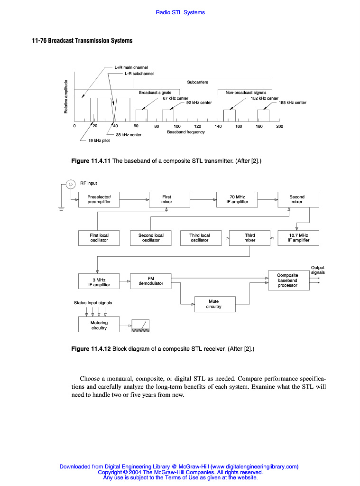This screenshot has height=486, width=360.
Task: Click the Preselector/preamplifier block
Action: pos(99,199)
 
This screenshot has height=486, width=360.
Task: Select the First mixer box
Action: pos(166,199)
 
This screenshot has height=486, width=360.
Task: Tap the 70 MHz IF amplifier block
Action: pos(237,199)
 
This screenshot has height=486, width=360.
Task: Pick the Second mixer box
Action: pos(297,199)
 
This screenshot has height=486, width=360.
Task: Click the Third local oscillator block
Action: pos(199,238)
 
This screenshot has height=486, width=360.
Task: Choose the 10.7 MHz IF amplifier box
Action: pos(298,238)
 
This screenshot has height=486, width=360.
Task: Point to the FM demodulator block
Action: pos(151,281)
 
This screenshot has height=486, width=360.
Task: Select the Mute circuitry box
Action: pos(213,304)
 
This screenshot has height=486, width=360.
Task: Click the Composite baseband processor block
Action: pos(287,280)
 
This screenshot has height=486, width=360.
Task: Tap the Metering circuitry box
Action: pos(99,325)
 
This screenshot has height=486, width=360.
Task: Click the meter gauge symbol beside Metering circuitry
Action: pos(140,326)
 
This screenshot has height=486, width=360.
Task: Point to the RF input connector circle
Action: pos(70,184)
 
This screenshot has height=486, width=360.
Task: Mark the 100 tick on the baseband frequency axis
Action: pos(177,126)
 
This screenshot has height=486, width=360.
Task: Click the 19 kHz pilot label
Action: pos(99,140)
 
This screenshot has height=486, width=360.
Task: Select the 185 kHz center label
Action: pos(292,103)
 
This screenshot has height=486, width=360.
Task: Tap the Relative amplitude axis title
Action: pos(65,96)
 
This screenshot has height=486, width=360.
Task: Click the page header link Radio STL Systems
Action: pos(180,12)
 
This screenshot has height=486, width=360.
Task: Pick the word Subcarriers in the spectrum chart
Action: pos(197,82)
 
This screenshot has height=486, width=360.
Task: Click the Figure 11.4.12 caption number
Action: pos(91,349)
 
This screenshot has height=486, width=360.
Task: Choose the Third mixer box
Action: pos(249,238)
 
